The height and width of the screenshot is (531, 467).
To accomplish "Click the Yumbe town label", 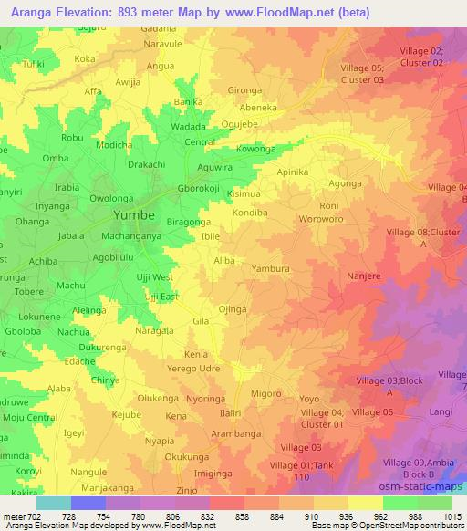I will (x=133, y=215).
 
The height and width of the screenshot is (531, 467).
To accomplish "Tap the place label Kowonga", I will (x=254, y=147).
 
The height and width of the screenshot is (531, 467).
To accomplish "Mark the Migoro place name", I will (x=266, y=393).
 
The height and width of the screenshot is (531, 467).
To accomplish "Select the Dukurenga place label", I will (x=101, y=347).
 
